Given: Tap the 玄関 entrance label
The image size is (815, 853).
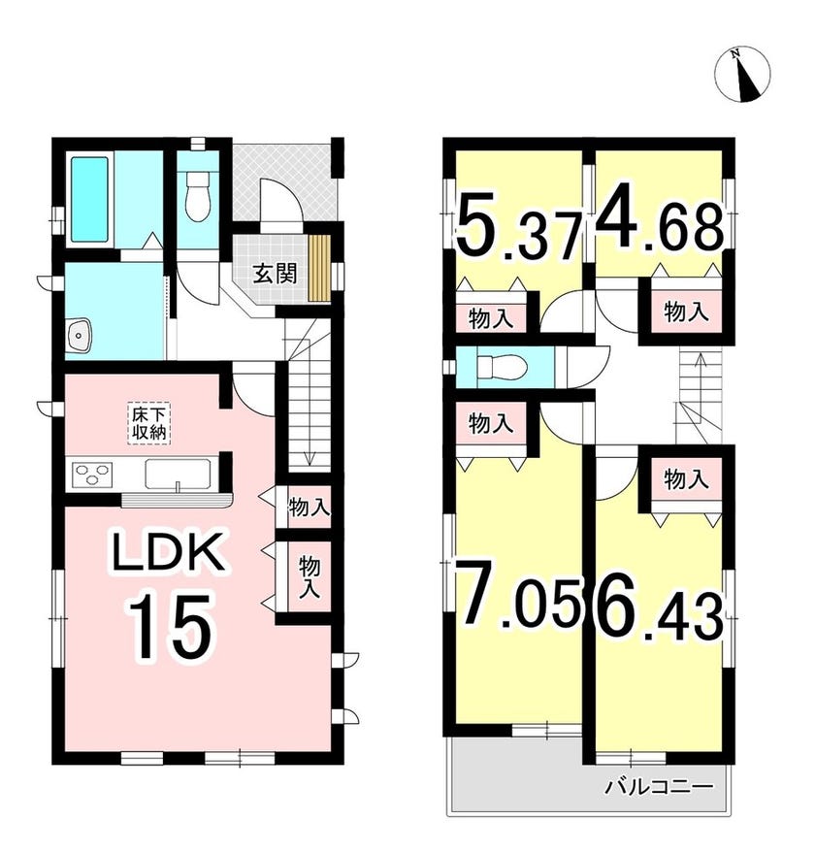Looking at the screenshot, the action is click(276, 274).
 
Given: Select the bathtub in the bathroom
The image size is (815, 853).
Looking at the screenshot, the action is click(90, 200).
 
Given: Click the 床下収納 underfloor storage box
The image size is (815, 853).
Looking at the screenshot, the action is click(149, 424).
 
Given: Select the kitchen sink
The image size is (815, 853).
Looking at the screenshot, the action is click(178, 475).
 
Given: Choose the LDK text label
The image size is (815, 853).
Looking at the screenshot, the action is click(169, 552).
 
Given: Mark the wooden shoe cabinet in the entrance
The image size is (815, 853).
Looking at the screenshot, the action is click(320, 268).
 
